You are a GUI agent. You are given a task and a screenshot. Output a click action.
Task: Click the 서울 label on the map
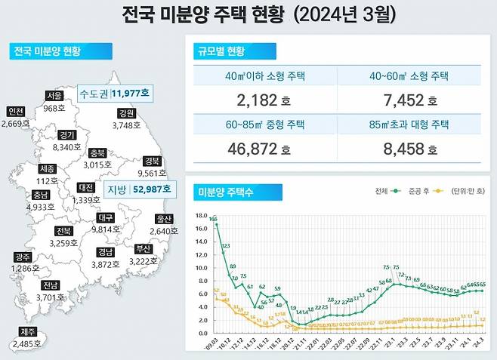click(54, 97)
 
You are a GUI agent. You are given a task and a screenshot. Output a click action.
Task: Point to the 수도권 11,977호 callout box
click(115, 94)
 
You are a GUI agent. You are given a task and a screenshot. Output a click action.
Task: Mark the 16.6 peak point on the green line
click(217, 224)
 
